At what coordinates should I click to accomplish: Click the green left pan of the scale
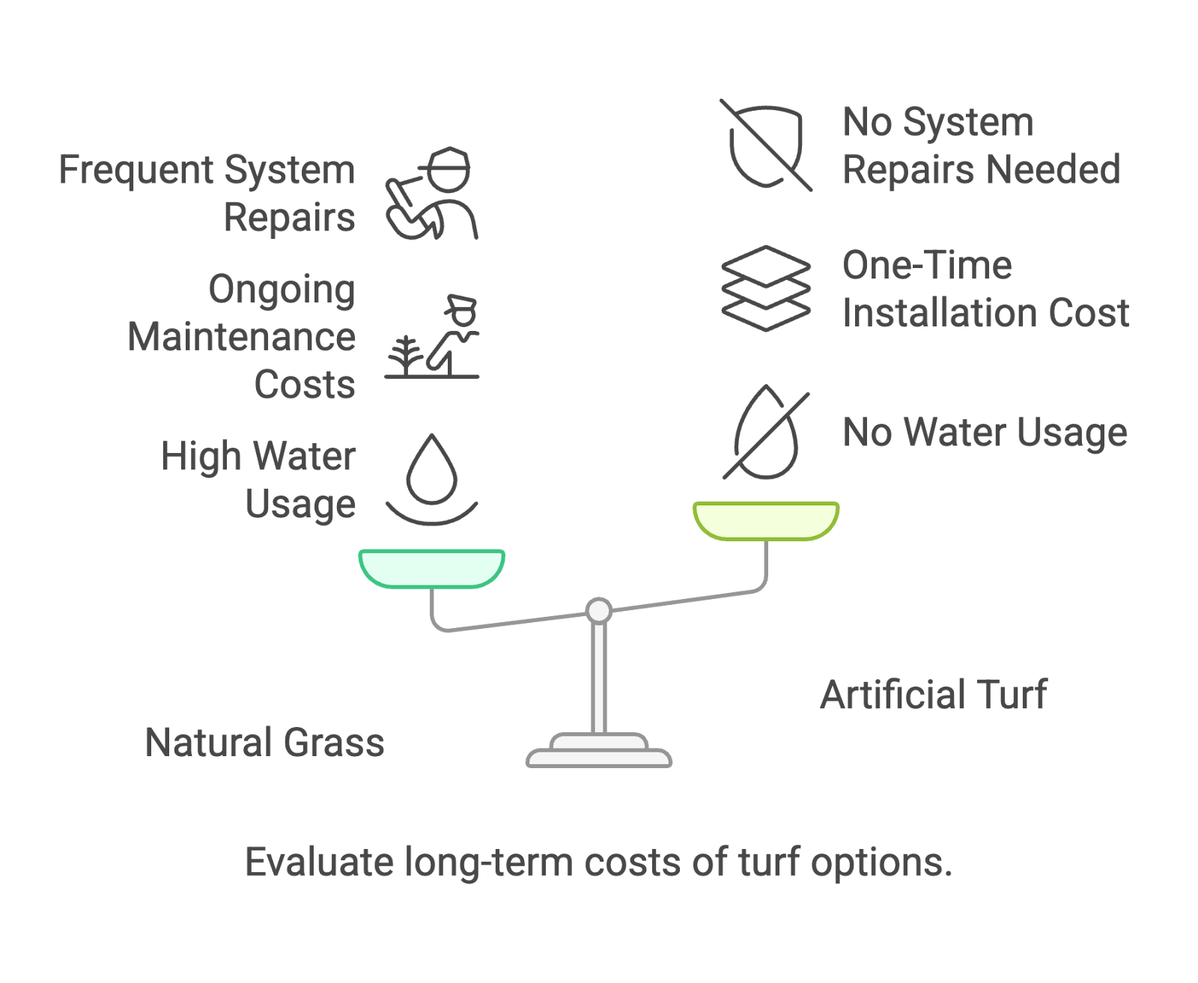tap(432, 567)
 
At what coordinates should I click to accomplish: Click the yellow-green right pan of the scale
tap(766, 520)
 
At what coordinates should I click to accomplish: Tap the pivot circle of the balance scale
tap(599, 610)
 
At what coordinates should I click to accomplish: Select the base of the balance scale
tap(599, 752)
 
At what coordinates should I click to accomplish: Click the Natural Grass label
tap(264, 743)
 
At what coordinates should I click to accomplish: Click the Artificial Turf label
tap(934, 695)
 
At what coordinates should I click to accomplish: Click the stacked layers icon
tap(766, 288)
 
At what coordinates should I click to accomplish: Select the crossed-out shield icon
tap(766, 145)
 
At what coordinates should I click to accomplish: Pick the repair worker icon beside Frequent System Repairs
tap(432, 194)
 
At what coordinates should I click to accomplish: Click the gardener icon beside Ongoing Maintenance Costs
tap(432, 336)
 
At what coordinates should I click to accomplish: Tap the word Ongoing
tap(282, 290)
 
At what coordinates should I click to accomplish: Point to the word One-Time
tap(927, 265)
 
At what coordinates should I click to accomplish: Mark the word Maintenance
tap(241, 337)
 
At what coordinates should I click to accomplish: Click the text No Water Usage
tap(985, 433)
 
